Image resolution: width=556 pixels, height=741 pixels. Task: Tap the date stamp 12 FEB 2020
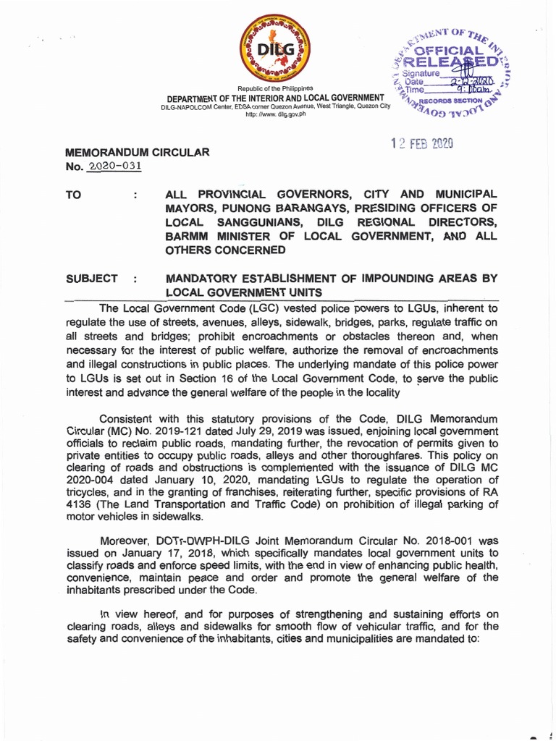421,144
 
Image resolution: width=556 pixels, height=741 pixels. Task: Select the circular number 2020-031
114,166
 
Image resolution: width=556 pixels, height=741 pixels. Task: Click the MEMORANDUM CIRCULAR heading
138,152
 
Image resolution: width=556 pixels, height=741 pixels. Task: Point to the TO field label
74,195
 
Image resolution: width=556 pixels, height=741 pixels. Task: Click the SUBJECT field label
91,279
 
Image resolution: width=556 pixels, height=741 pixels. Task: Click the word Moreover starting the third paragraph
125,540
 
